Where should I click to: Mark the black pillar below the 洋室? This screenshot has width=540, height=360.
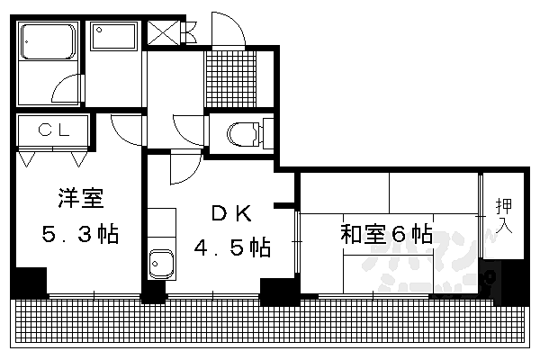pos(30,283)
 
